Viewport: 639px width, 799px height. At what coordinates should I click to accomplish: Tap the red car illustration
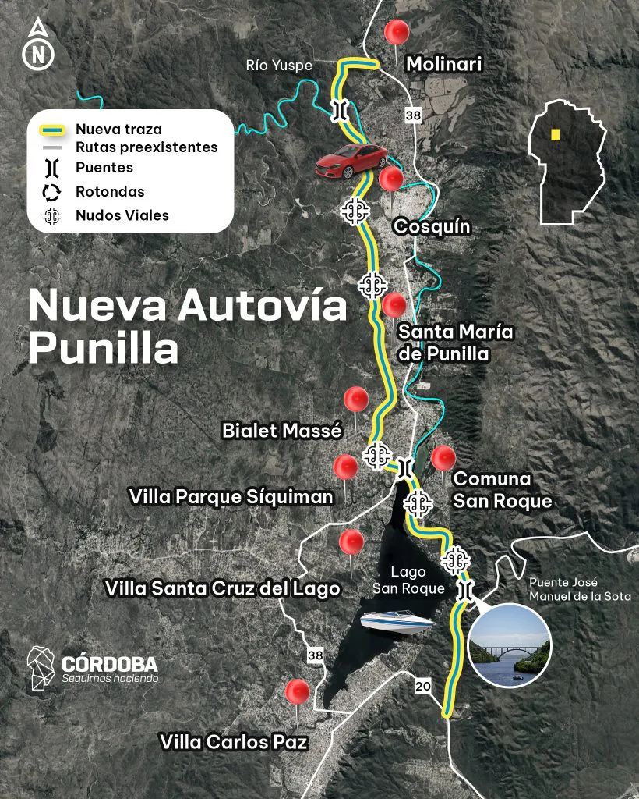351,160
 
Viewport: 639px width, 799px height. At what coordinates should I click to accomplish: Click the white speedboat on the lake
397,622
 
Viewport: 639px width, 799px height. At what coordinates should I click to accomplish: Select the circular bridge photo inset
510,645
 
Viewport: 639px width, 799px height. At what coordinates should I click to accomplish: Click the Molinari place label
444,65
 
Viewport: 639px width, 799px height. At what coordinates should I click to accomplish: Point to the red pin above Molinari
397,33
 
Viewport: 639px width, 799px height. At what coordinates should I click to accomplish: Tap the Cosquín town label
432,227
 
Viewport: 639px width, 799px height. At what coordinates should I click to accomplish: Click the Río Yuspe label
279,66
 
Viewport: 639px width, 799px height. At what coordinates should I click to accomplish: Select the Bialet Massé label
282,430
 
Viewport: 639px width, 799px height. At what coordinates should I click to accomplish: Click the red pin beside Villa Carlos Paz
297,692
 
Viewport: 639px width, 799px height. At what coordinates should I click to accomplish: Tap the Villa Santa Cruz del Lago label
223,588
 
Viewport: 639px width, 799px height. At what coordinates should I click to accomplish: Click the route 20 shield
422,687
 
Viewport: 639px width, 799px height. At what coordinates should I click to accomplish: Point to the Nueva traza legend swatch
52,130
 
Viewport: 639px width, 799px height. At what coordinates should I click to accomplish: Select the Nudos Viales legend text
122,215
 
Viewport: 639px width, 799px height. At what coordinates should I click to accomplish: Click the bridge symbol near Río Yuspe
338,109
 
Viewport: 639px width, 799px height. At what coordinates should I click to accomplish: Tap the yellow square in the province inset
555,134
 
